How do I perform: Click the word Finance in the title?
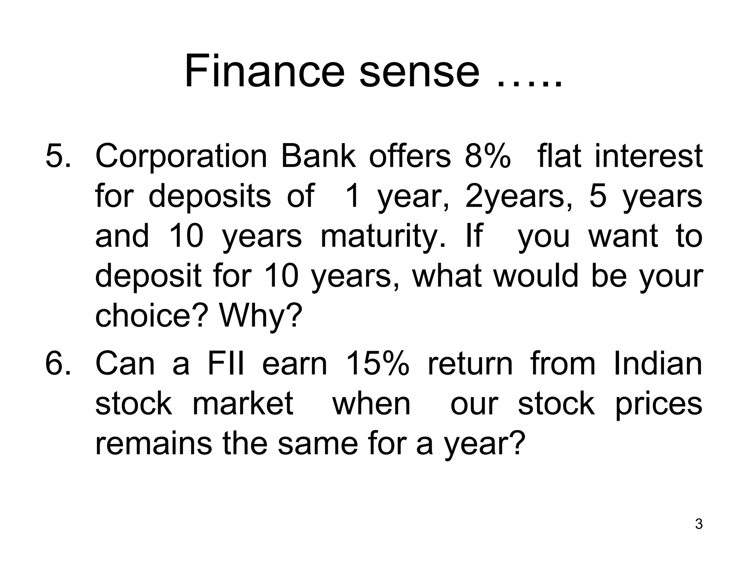click(264, 71)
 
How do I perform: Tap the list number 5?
click(58, 156)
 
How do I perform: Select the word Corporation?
click(182, 157)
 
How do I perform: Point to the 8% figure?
click(488, 156)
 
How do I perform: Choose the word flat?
click(559, 156)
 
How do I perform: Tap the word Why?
click(261, 317)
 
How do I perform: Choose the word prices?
click(659, 405)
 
